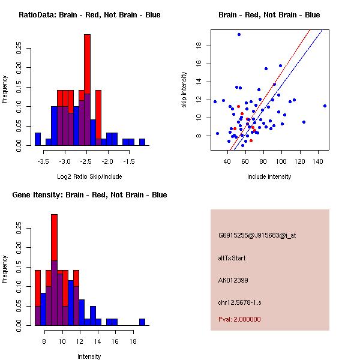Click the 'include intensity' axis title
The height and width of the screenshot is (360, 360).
(x=269, y=176)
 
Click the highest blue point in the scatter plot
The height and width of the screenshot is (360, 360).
(x=239, y=34)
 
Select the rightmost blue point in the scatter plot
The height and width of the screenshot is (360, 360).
(x=325, y=106)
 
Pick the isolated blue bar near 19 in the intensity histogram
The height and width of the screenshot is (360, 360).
(x=142, y=322)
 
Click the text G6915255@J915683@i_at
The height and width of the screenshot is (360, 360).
(x=257, y=235)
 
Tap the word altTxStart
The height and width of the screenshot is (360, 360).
(x=232, y=258)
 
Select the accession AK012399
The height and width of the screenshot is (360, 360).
(x=233, y=280)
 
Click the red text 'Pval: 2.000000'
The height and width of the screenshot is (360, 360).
(x=239, y=319)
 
